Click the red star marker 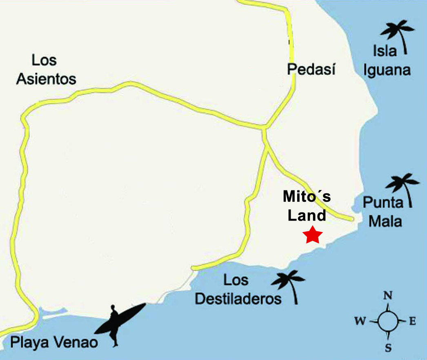tap(313, 235)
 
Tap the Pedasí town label tap(311, 69)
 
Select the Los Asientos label tap(46, 69)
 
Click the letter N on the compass tap(388, 295)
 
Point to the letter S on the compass tap(388, 348)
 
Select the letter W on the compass tap(360, 322)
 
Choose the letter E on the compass tap(412, 322)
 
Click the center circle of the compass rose tap(387, 322)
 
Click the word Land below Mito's tap(307, 215)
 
